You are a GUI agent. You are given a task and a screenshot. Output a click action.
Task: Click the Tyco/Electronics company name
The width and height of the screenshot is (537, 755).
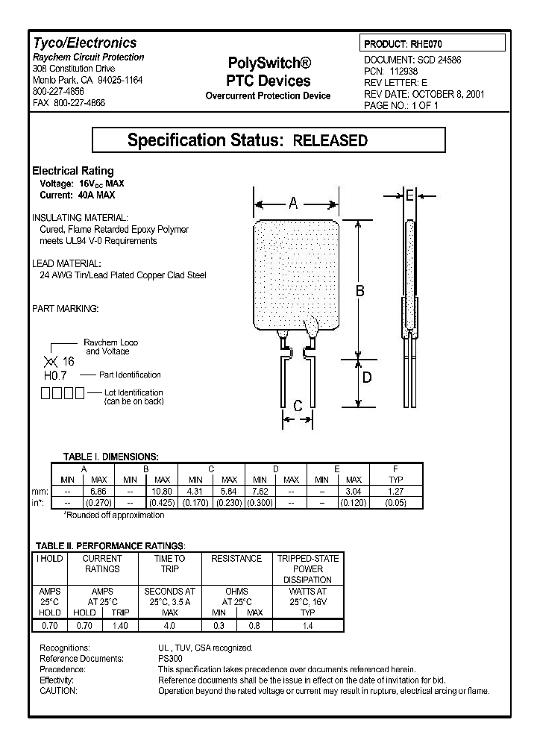[x=84, y=43]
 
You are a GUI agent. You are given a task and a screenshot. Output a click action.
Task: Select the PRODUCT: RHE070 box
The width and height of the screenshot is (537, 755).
[x=433, y=45]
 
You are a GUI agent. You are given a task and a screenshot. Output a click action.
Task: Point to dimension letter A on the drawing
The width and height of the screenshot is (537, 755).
[x=294, y=202]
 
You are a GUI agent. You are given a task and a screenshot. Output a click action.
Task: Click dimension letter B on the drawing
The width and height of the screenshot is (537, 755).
[x=359, y=290]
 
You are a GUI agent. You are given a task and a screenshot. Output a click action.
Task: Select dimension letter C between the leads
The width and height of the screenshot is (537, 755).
[x=298, y=406]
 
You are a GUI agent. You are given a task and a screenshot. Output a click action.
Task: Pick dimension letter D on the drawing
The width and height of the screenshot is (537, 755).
[x=366, y=377]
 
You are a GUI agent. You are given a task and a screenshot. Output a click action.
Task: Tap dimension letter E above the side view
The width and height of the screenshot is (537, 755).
[x=409, y=195]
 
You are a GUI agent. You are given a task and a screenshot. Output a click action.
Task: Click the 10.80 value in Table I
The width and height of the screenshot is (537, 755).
[x=163, y=492]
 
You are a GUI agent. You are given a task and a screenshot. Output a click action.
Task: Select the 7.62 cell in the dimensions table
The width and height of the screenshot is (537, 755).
[x=260, y=492]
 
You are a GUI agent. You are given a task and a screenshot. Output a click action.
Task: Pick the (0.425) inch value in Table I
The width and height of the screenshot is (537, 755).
[x=163, y=502]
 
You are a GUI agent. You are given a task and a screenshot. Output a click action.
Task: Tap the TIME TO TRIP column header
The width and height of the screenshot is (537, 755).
[x=169, y=563]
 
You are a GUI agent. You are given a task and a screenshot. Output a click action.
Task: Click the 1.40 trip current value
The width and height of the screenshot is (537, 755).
[x=119, y=626]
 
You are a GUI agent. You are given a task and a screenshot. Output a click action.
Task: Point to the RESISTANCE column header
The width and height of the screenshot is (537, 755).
[x=236, y=558]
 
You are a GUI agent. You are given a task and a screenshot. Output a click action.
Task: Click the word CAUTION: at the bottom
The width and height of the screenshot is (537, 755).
[x=58, y=691]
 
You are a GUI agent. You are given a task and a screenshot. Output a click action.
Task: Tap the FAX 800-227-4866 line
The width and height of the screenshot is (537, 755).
[x=69, y=102]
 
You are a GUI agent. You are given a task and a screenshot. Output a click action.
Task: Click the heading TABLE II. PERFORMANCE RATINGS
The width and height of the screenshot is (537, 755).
[x=111, y=546]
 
